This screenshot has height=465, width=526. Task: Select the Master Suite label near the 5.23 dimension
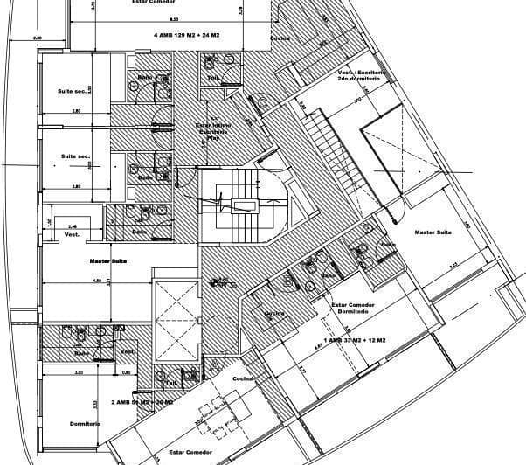[433, 232]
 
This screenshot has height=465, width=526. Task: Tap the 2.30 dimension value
[37, 38]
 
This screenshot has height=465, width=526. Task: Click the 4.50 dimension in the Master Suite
[99, 281]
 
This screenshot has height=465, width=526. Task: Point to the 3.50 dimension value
[79, 372]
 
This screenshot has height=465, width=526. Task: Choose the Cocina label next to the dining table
[242, 378]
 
